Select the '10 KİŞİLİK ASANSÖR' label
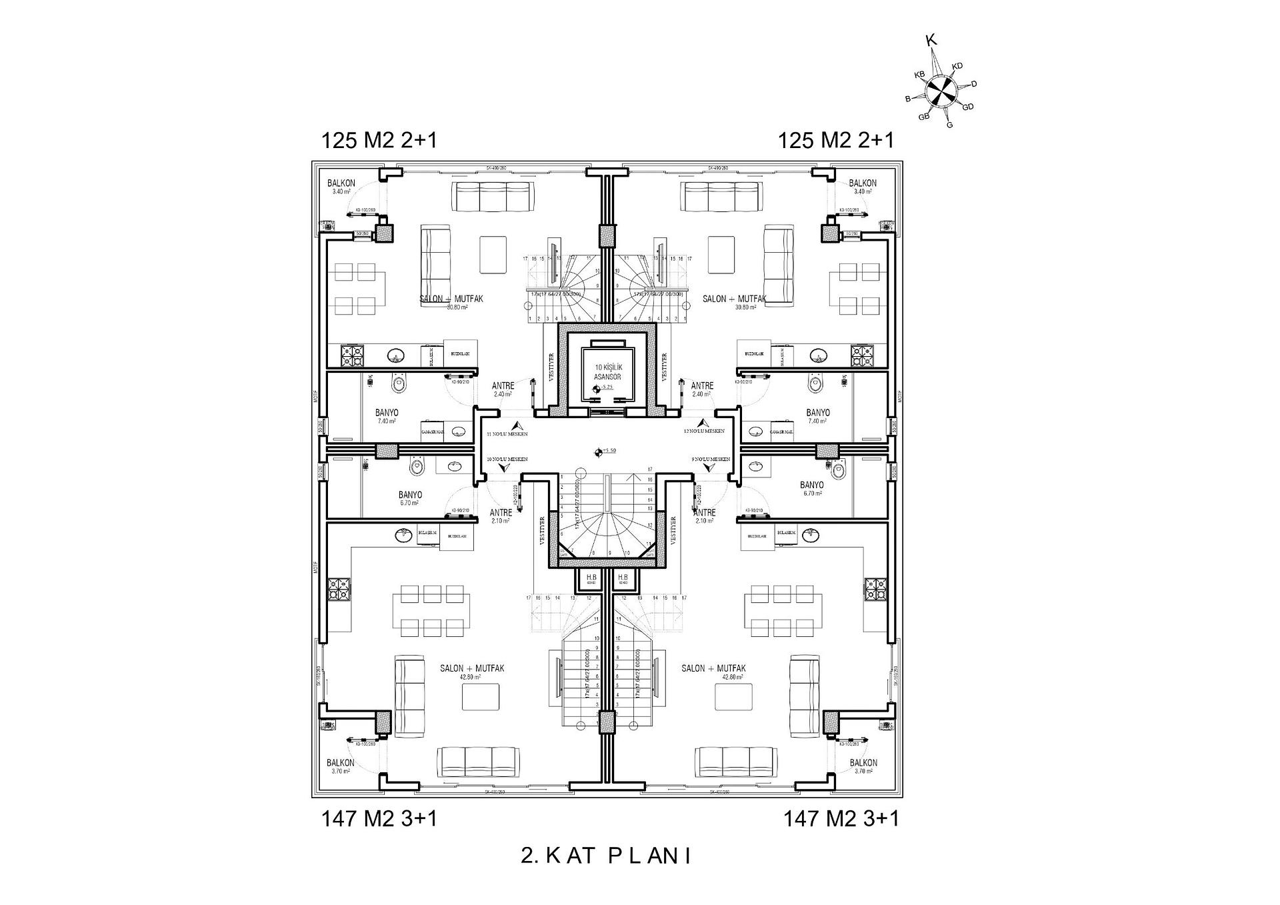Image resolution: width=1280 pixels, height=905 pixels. (607, 371)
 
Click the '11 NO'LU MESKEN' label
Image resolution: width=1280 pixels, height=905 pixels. (507, 433)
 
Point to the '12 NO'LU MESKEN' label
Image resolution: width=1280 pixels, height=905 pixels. (704, 431)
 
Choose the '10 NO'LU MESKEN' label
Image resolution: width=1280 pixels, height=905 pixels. (507, 460)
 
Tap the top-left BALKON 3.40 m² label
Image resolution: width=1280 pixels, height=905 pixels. (341, 187)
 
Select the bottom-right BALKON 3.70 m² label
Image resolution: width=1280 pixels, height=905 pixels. (863, 766)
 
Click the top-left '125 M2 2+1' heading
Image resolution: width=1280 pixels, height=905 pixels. (379, 141)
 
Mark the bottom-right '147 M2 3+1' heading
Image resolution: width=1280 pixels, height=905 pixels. (841, 818)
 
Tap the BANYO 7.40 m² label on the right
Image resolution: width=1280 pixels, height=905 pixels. (817, 416)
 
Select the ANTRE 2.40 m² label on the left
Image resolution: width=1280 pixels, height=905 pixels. (502, 389)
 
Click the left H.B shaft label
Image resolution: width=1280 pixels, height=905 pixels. (591, 578)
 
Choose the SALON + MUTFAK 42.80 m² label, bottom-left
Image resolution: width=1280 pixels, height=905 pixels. (471, 672)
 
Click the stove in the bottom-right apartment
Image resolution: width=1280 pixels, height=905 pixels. (875, 588)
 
